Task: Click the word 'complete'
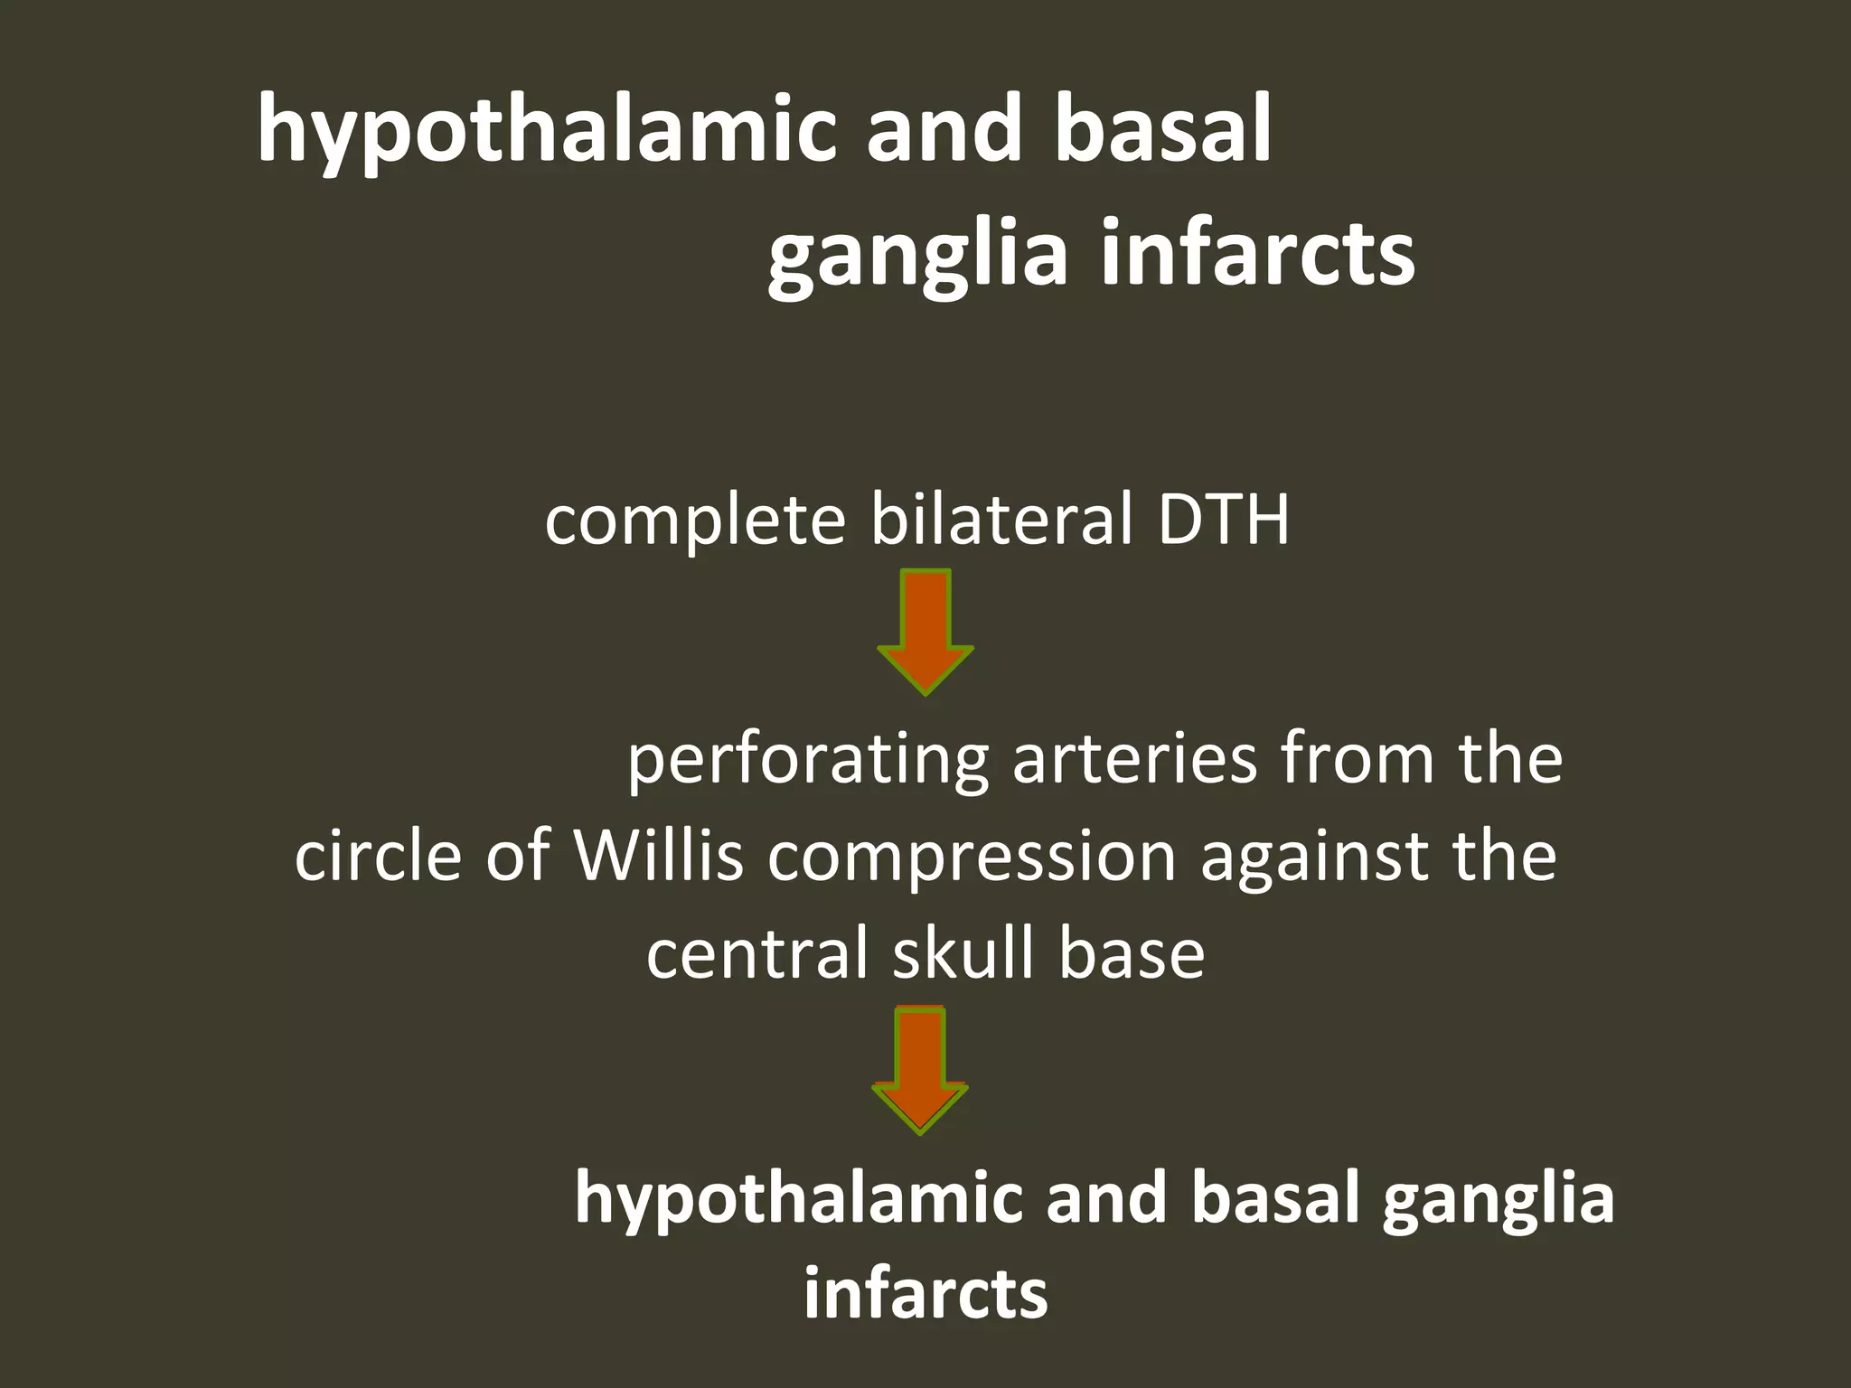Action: click(695, 521)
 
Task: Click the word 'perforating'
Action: click(807, 761)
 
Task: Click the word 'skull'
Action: click(963, 954)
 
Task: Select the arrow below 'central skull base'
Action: click(920, 1070)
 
